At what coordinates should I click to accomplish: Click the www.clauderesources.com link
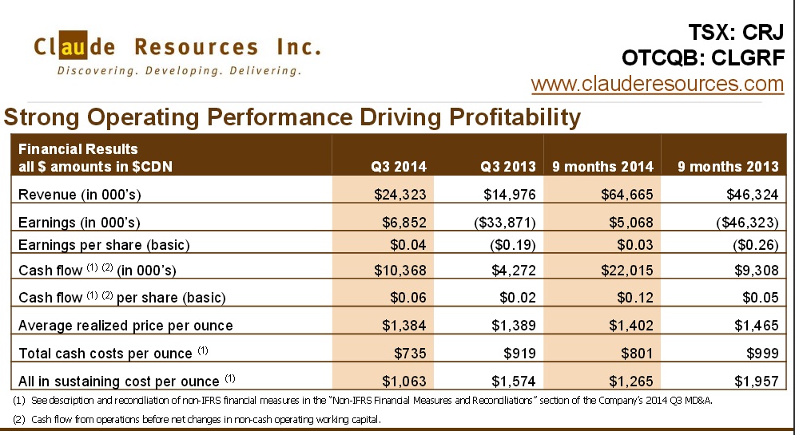657,84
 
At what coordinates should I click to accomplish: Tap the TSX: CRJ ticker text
736,33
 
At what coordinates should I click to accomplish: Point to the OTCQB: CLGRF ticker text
702,58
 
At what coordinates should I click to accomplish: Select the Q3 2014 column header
399,167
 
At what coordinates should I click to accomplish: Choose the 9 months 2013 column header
728,167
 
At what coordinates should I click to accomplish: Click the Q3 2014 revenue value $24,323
400,194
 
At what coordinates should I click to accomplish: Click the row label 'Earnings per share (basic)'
104,245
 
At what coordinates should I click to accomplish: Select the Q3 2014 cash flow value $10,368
400,270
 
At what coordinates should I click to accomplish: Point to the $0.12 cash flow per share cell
637,298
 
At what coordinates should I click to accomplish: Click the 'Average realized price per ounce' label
125,325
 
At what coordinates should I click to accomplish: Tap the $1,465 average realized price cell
753,325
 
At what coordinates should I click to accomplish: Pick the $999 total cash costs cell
762,353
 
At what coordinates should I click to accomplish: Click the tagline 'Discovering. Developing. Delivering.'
179,71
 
